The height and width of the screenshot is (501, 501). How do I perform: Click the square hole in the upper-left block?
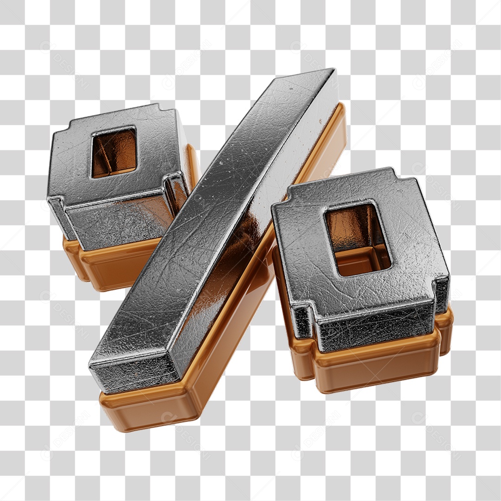(114, 152)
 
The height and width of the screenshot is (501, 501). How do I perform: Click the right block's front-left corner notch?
(304, 320)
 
